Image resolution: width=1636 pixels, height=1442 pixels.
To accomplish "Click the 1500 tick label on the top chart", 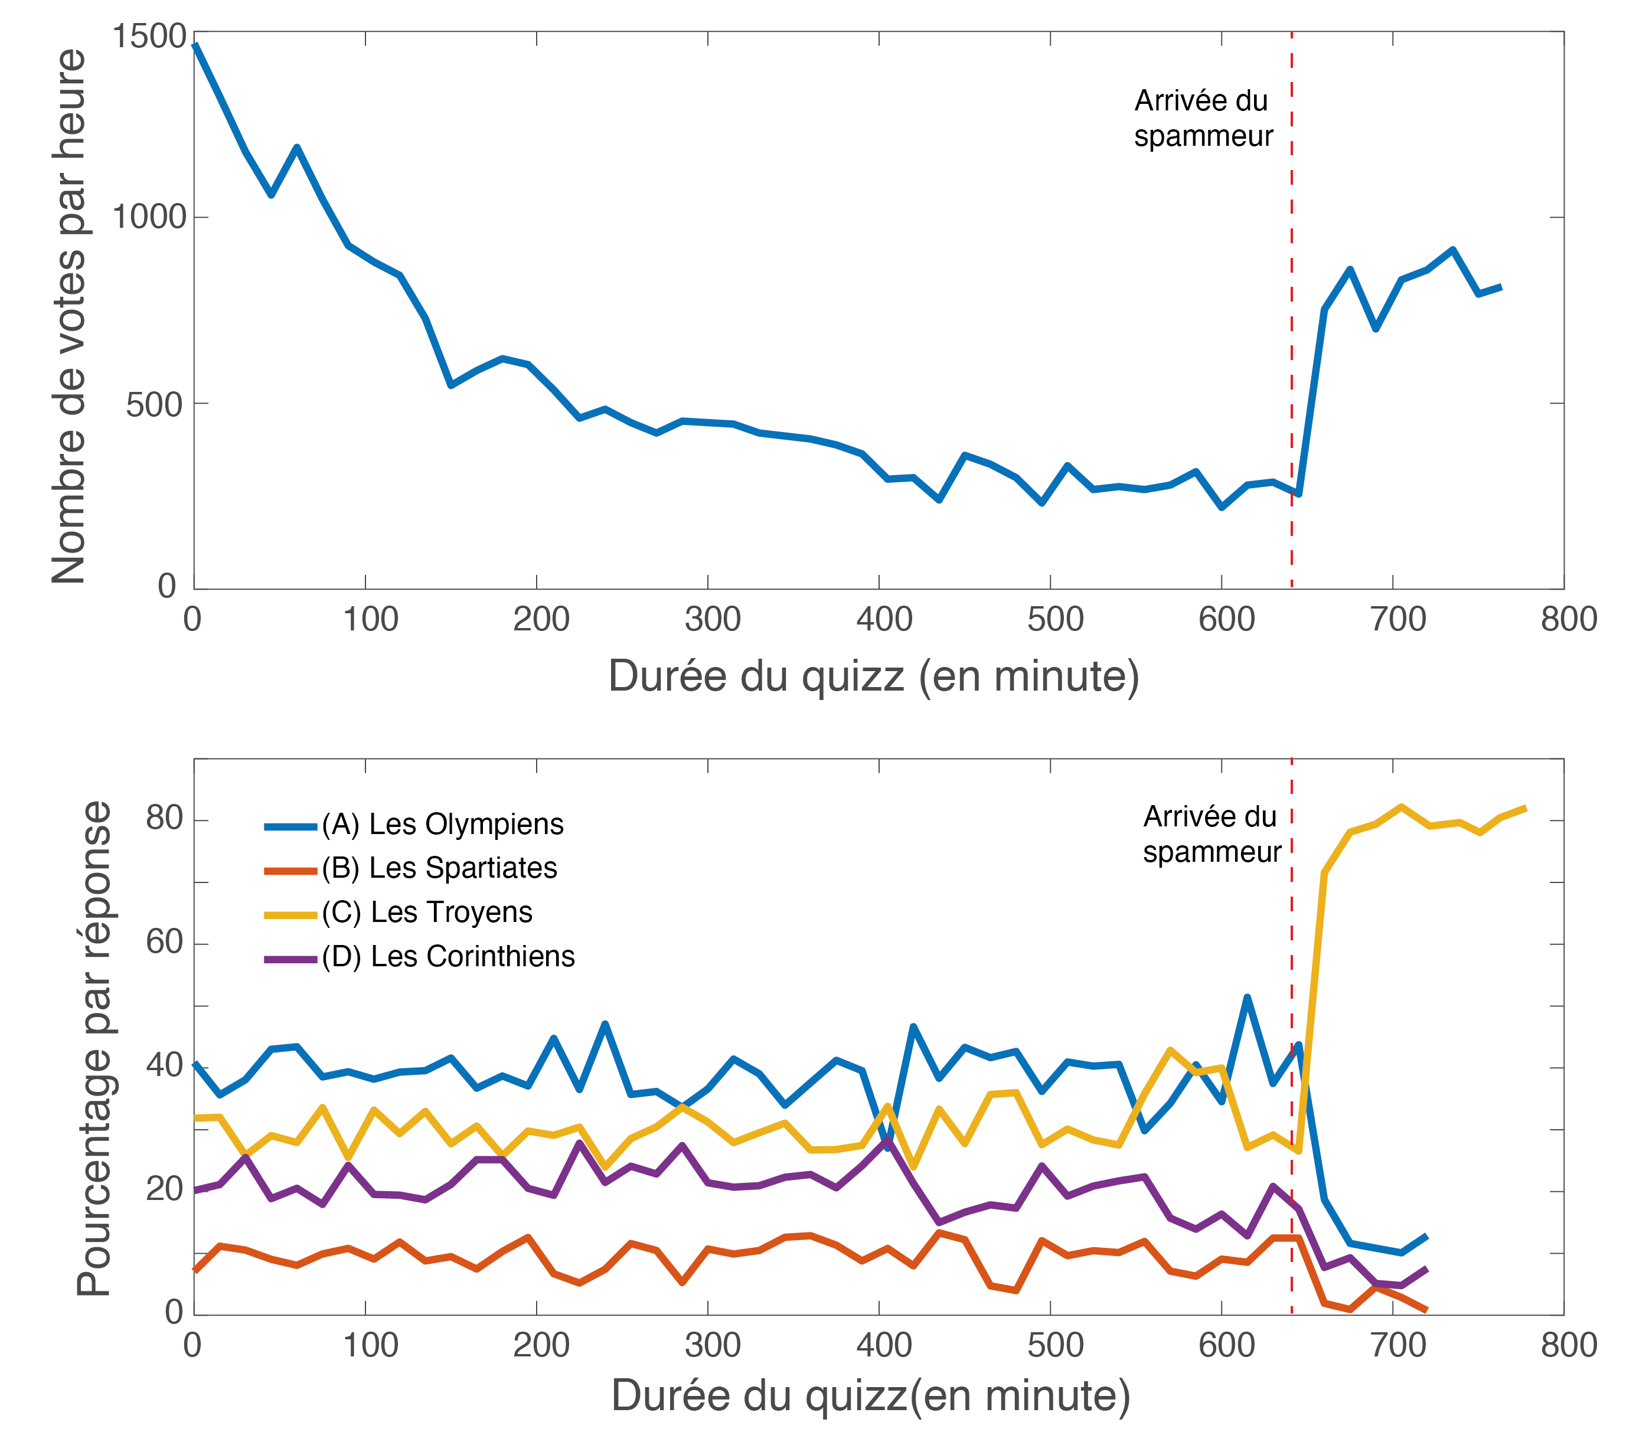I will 149,37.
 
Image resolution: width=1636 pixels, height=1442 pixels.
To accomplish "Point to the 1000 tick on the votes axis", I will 149,217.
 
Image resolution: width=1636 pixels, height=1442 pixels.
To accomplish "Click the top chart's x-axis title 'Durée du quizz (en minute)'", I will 873,676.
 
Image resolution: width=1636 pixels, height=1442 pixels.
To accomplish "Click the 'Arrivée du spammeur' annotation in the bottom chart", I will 1211,834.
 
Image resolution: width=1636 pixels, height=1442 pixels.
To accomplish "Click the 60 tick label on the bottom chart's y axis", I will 164,943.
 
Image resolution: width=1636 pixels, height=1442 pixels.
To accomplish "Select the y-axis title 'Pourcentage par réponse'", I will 94,1048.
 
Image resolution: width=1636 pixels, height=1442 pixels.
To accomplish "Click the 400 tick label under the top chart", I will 884,620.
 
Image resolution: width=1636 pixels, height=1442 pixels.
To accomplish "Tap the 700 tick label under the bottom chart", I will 1397,1346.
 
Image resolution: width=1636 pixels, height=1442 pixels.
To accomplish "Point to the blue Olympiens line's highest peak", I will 1247,997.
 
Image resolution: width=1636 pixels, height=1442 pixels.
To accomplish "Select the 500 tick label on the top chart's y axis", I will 154,405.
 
